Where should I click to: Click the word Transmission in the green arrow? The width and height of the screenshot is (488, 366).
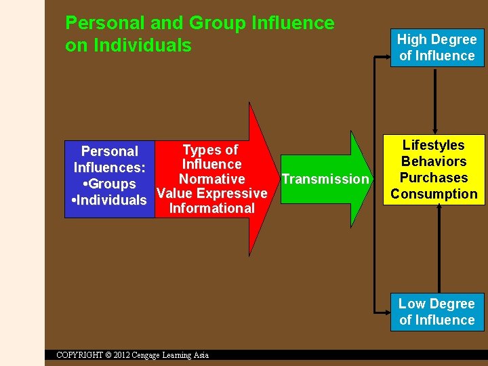(325, 179)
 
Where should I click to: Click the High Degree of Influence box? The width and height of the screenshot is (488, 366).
(437, 47)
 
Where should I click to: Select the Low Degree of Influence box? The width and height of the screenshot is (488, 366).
(437, 312)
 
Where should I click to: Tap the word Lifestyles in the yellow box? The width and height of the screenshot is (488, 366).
(434, 145)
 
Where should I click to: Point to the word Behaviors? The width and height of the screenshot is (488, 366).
(434, 161)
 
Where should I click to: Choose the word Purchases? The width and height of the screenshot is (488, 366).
(434, 178)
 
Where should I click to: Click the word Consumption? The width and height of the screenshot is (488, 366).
(434, 194)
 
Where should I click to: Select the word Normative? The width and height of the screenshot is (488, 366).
(211, 179)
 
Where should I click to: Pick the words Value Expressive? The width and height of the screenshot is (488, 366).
(211, 194)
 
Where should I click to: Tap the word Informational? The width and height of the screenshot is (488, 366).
(211, 209)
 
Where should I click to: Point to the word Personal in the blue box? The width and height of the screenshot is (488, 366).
(110, 151)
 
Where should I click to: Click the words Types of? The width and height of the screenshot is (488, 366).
(211, 150)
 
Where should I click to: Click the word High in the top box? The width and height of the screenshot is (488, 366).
(411, 39)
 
